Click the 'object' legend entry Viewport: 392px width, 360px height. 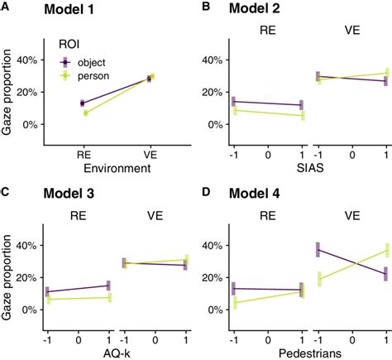[x=86, y=63]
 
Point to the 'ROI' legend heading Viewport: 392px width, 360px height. [x=69, y=46]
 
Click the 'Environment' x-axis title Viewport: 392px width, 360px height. [x=116, y=169]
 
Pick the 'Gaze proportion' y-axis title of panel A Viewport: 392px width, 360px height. [x=10, y=91]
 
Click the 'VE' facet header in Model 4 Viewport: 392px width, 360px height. [x=352, y=217]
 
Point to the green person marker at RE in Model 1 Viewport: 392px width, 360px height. [x=85, y=113]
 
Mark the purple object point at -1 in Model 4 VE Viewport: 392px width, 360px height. [x=318, y=249]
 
